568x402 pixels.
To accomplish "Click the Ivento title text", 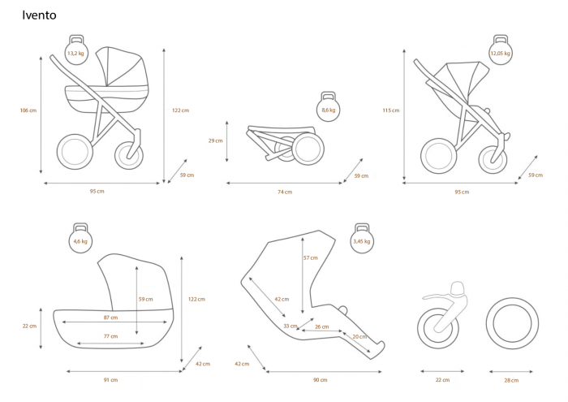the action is pos(39,15).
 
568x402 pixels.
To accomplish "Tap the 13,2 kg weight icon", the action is pos(76,50).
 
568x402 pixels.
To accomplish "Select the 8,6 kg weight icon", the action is pos(328,106).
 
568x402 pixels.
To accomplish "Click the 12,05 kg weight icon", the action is pos(501,50).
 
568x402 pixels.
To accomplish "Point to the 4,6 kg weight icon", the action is pos(80,238).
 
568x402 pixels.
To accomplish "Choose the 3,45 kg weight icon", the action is pos(362,238).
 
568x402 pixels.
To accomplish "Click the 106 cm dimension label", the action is pos(28,110).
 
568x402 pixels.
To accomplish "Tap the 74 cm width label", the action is pos(285,192).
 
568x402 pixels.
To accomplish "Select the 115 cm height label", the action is pos(391,110).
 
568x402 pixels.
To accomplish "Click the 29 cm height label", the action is pos(216,140).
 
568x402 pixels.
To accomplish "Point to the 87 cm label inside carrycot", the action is pos(111,318).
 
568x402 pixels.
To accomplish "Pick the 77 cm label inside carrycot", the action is pos(111,336).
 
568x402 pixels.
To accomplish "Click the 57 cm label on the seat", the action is pos(311,257).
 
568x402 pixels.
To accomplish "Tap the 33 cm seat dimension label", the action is pos(290,326).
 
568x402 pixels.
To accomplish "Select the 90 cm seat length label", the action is pos(321,380).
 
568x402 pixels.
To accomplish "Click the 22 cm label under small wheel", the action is pos(442,380).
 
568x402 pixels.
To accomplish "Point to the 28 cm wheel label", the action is pos(511,380).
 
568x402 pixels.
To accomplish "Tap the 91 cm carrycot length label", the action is pos(111,380).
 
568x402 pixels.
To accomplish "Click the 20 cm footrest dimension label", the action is pos(359,337).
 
